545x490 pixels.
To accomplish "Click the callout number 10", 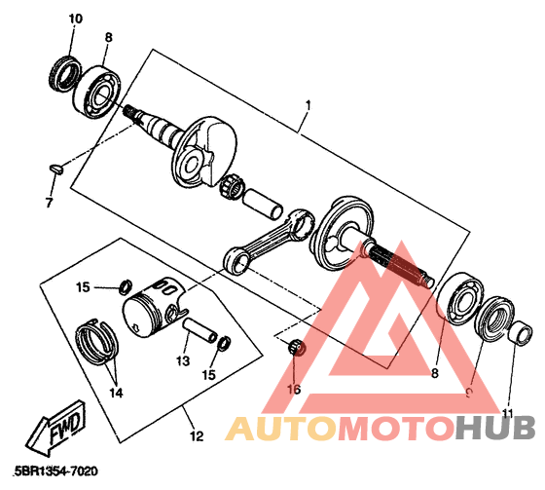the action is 76,19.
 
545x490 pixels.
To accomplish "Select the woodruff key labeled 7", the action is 56,170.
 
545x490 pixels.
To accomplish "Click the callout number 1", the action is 308,105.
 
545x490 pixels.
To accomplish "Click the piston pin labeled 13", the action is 200,329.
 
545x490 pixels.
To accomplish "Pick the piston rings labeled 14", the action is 97,342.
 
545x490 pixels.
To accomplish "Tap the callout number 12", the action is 197,436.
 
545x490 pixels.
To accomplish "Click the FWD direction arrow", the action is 55,428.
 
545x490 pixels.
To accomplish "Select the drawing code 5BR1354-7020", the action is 56,471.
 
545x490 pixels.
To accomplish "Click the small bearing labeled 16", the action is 297,347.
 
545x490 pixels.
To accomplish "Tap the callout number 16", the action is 294,390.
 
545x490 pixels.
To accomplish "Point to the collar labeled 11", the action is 521,333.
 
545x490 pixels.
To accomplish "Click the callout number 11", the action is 508,413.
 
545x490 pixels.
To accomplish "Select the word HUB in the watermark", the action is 495,428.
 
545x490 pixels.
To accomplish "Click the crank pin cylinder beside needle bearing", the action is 263,204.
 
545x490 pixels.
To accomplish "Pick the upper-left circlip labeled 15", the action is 126,285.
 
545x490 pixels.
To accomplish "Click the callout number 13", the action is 183,360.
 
